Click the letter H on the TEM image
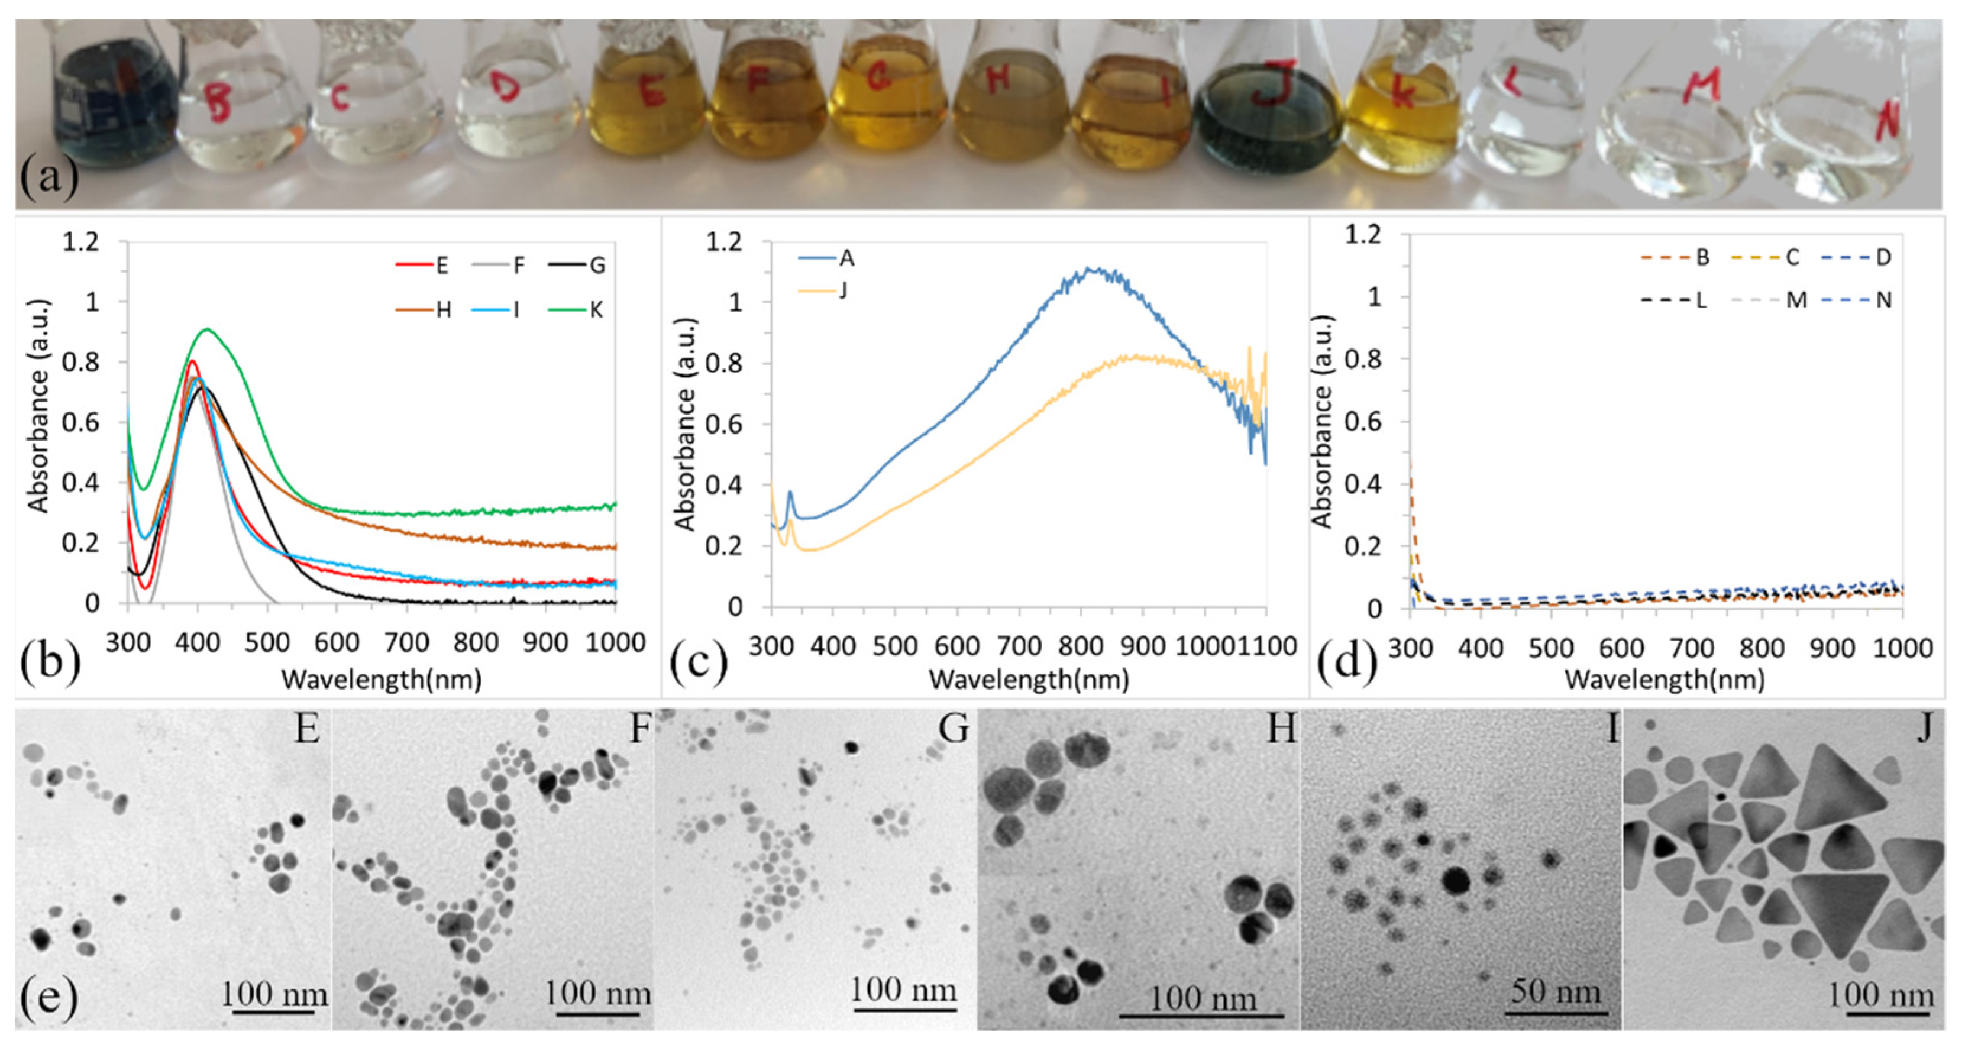click(1280, 730)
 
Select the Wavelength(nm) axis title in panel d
click(1665, 680)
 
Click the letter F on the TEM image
click(639, 730)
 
